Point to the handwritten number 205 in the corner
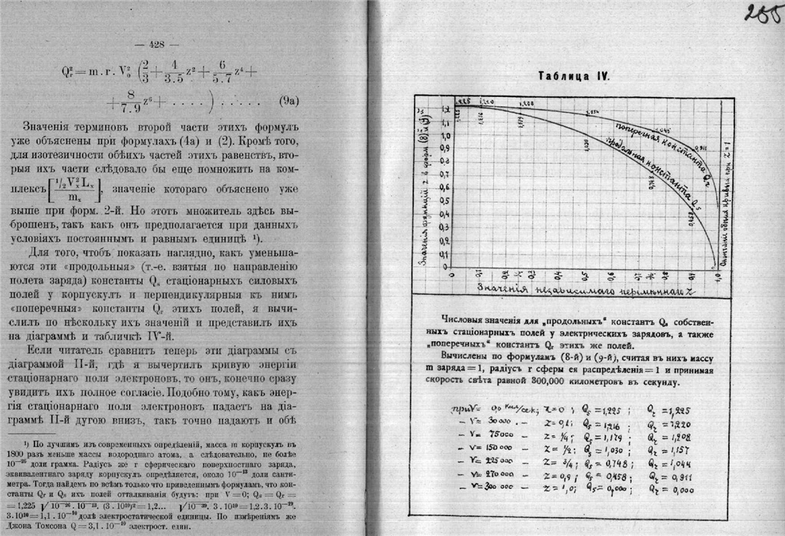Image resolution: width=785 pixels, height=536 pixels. [761, 14]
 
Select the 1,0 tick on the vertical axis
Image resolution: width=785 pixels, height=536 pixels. [447, 137]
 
